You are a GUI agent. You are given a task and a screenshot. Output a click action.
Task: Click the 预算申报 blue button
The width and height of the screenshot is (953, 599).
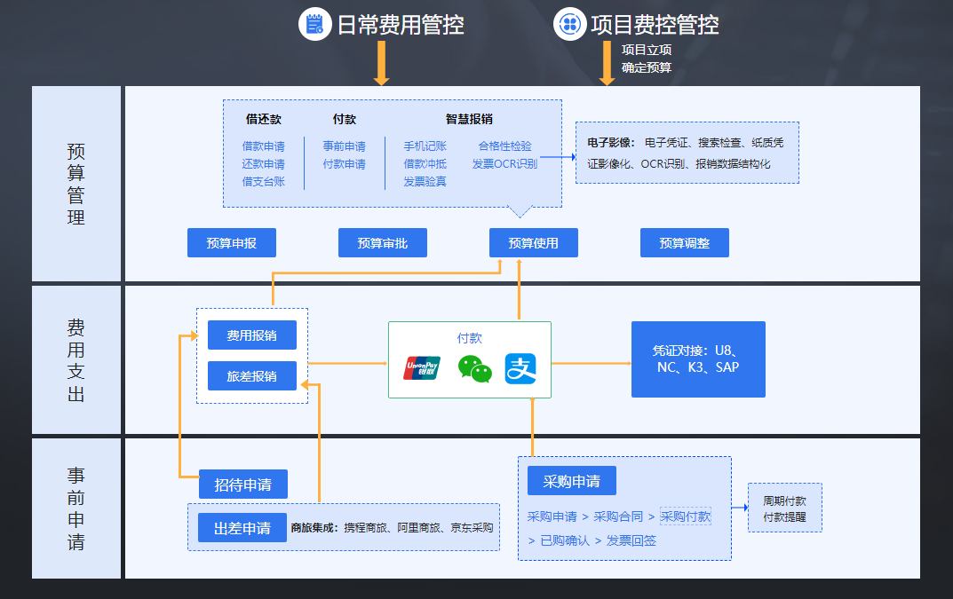231,243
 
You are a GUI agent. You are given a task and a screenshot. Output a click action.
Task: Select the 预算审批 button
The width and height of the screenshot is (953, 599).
382,243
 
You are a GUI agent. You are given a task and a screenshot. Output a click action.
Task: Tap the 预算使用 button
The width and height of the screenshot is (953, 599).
533,243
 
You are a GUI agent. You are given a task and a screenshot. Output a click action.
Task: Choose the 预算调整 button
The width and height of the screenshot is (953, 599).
684,243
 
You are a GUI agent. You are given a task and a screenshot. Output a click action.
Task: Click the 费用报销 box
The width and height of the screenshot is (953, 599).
251,335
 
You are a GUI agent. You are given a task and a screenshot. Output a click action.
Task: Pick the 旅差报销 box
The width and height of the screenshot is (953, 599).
251,376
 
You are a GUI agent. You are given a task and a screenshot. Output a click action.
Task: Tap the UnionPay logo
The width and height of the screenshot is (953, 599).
422,367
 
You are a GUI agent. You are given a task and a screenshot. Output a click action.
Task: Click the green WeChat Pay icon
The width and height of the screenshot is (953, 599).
474,367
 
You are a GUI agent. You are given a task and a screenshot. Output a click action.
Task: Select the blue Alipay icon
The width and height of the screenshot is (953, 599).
521,368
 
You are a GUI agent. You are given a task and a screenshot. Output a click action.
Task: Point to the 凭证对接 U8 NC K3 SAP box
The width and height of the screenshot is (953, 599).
697,359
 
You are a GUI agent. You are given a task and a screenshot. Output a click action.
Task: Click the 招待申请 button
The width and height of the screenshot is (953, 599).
242,485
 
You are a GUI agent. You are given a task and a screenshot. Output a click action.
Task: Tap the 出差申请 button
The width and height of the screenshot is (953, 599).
242,528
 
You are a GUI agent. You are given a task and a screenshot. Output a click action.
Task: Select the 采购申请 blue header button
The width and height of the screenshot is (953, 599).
571,481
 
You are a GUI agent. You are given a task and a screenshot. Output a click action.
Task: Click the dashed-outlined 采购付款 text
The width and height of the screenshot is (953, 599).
685,516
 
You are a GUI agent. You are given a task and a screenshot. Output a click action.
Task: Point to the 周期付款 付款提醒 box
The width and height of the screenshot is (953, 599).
784,508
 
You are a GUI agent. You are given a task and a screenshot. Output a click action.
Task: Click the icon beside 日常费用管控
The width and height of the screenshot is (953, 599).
314,24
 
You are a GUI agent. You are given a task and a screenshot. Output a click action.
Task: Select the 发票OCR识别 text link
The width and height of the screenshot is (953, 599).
504,164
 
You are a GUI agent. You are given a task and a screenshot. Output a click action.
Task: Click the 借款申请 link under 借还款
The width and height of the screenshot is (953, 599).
263,146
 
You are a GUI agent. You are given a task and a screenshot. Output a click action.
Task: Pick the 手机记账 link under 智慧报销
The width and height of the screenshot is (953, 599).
425,146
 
